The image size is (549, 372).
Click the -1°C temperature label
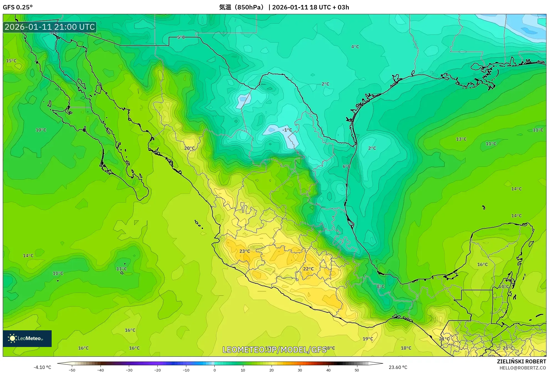pyautogui.click(x=287, y=130)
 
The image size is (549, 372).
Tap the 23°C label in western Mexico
pyautogui.click(x=245, y=251)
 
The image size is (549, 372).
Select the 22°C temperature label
pyautogui.click(x=308, y=269)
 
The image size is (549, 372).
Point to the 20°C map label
pyautogui.click(x=189, y=148)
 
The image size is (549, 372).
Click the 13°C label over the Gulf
pyautogui.click(x=461, y=139)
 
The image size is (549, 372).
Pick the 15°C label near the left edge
pyautogui.click(x=11, y=61)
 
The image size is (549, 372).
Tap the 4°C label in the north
pyautogui.click(x=355, y=47)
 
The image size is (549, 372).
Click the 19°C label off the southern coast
pyautogui.click(x=368, y=339)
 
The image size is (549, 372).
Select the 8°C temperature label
pyautogui.click(x=380, y=286)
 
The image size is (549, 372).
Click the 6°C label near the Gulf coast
pyautogui.click(x=346, y=166)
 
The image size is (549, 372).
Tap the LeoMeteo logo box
pyautogui.click(x=27, y=338)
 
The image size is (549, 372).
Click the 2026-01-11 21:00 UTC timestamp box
pyautogui.click(x=50, y=27)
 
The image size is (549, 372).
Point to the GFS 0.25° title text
pyautogui.click(x=17, y=7)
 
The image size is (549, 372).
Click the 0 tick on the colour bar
pyautogui.click(x=214, y=370)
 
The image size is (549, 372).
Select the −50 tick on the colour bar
pyautogui.click(x=72, y=370)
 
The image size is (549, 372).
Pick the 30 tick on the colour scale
pyautogui.click(x=300, y=370)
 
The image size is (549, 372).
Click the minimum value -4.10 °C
pyautogui.click(x=42, y=367)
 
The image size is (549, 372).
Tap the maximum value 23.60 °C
pyautogui.click(x=398, y=367)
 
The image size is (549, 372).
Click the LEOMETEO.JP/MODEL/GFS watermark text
pyautogui.click(x=274, y=349)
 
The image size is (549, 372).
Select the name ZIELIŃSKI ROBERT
pyautogui.click(x=521, y=361)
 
